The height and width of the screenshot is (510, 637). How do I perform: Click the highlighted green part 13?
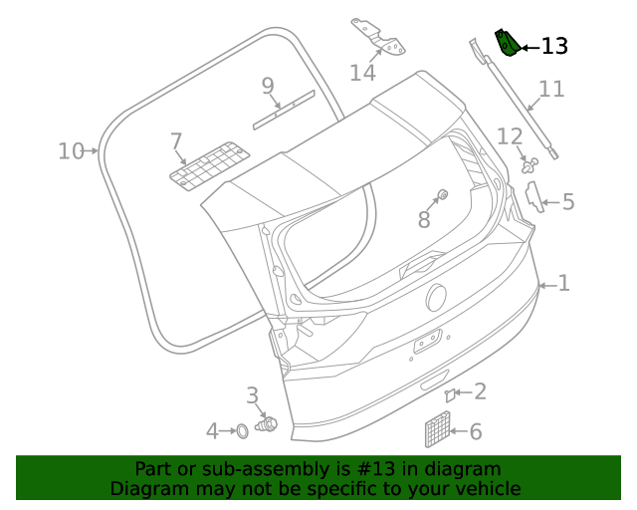[x=508, y=44]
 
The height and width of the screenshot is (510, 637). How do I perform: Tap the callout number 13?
[x=554, y=46]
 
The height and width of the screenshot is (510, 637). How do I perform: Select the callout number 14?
[x=362, y=73]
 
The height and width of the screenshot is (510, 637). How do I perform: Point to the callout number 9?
[x=268, y=87]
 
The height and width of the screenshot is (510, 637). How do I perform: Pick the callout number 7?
[x=176, y=141]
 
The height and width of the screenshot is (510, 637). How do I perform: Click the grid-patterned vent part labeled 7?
[x=208, y=163]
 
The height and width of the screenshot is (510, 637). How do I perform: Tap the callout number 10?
[x=71, y=151]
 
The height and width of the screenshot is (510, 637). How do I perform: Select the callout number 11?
[x=551, y=89]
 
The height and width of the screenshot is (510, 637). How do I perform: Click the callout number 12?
[x=510, y=136]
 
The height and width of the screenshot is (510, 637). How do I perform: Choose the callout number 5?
[x=568, y=202]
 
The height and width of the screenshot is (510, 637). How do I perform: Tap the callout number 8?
[x=424, y=220]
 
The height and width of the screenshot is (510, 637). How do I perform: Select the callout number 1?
[x=563, y=284]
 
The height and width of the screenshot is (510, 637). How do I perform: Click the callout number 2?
[x=480, y=391]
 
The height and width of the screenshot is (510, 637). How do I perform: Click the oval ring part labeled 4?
[x=241, y=430]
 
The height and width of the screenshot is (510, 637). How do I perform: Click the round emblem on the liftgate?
[x=436, y=297]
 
